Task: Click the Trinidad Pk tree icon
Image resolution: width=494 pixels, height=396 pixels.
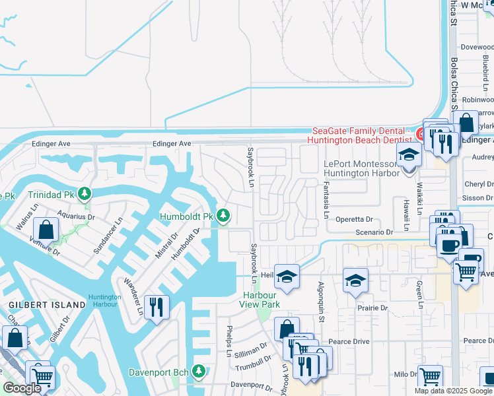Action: [84, 194]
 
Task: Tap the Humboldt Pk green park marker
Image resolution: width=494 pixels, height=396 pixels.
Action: [224, 216]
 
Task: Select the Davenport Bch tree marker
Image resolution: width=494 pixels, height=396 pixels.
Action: [199, 372]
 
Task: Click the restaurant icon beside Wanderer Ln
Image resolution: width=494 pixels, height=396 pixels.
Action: [157, 308]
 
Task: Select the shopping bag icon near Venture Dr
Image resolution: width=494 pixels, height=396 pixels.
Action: [46, 230]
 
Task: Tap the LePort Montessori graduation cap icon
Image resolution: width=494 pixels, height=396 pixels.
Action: [409, 156]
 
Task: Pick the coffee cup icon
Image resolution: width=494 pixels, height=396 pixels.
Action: [449, 245]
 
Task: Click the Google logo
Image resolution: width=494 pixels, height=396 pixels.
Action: [22, 388]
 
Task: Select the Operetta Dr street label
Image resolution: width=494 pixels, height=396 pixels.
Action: [355, 219]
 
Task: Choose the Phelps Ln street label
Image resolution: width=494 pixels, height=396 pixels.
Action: [229, 341]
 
